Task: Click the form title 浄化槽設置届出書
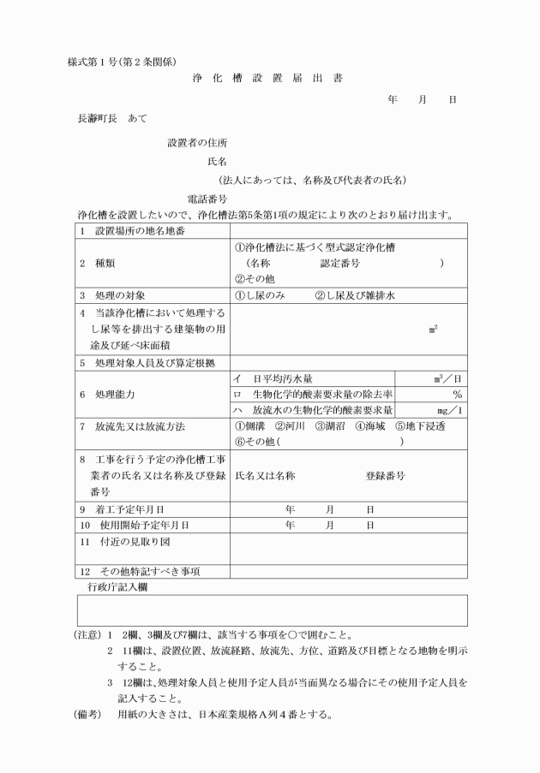click(x=269, y=78)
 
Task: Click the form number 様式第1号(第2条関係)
click(x=121, y=60)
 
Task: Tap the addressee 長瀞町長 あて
click(x=112, y=119)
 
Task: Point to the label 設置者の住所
click(x=196, y=142)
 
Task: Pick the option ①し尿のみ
click(x=261, y=296)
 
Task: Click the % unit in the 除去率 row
click(x=458, y=394)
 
